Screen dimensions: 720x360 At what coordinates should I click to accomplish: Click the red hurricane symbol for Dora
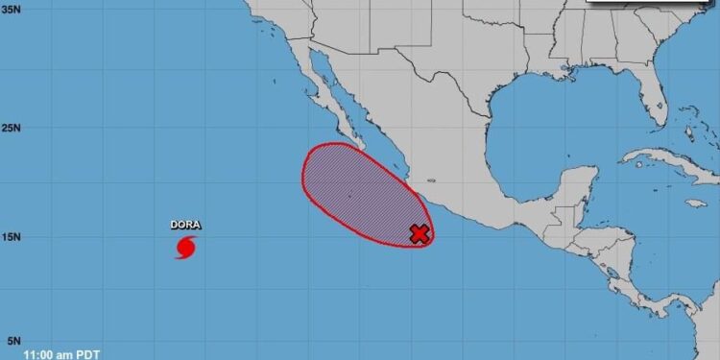point(186,247)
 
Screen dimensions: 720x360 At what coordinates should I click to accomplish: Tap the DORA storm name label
point(186,226)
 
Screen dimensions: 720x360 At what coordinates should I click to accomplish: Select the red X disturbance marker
point(419,233)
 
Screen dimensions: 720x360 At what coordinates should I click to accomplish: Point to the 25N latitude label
point(12,127)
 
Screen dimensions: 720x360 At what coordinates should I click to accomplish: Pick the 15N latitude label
point(12,236)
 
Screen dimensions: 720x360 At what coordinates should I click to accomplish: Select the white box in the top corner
point(653,4)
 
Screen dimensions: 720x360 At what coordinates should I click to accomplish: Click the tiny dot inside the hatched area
point(349,196)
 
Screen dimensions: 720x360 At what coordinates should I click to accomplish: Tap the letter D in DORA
point(175,226)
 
